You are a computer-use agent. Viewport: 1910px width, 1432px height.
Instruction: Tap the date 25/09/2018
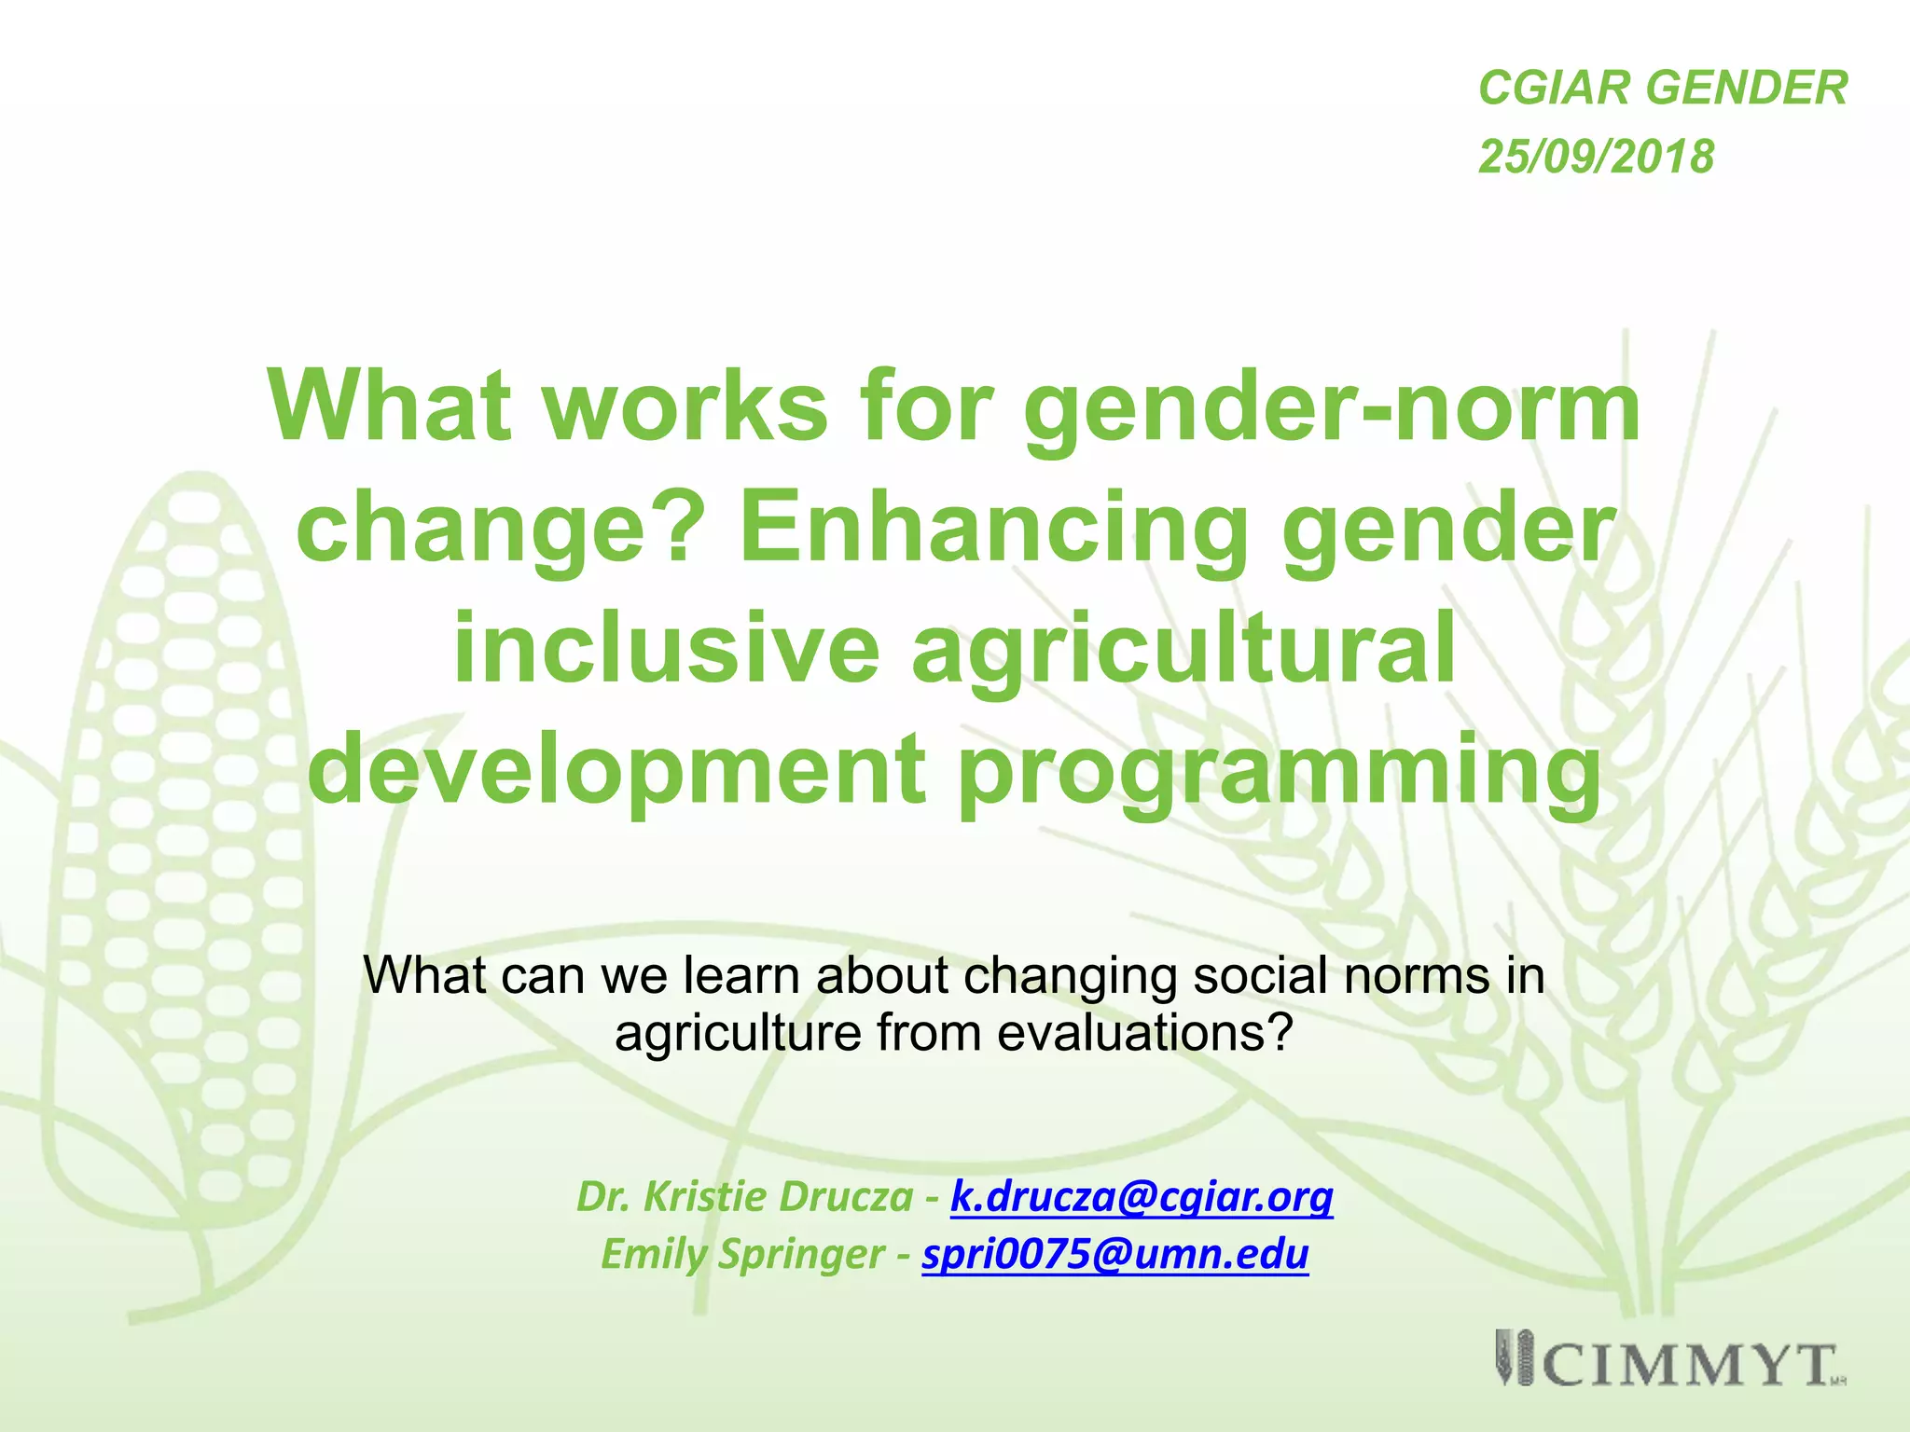[x=1596, y=157]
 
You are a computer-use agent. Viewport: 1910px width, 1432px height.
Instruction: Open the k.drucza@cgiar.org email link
[x=1142, y=1197]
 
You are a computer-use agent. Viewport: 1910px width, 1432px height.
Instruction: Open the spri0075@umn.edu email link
[x=1115, y=1254]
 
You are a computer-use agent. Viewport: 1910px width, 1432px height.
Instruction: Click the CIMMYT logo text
[x=1688, y=1367]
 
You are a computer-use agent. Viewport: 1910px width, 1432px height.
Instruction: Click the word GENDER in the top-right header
[x=1746, y=89]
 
